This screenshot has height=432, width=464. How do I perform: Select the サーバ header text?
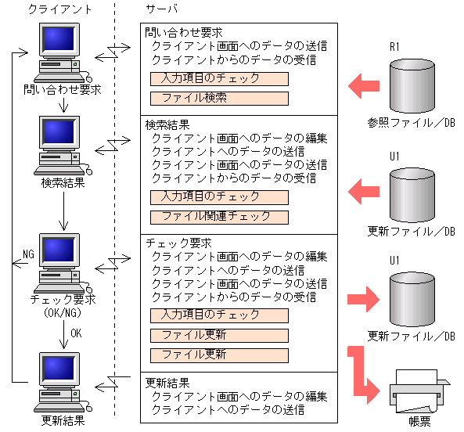coord(161,9)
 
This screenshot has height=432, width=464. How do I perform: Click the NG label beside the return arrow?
coord(28,254)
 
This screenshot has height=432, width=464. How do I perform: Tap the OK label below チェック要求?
coord(76,333)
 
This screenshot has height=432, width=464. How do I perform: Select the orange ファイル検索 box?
coord(219,99)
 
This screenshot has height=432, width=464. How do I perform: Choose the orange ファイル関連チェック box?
coord(219,216)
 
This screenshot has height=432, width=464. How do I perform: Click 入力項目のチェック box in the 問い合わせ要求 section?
coord(219,79)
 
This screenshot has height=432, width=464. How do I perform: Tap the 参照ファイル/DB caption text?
coord(411,123)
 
